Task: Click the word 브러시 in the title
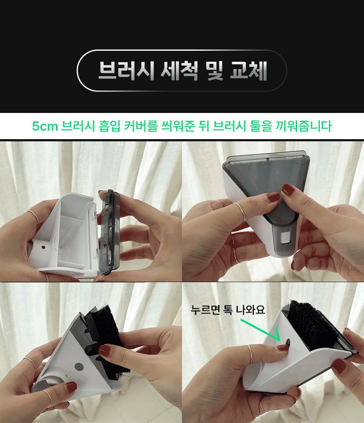pyautogui.click(x=126, y=70)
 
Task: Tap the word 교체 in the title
pyautogui.click(x=248, y=70)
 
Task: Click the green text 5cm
pyautogui.click(x=45, y=126)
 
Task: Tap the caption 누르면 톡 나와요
pyautogui.click(x=228, y=310)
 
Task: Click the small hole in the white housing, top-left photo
pyautogui.click(x=43, y=247)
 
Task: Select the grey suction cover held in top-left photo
pyautogui.click(x=109, y=232)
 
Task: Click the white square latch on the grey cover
pyautogui.click(x=285, y=238)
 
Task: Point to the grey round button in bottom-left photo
pyautogui.click(x=79, y=367)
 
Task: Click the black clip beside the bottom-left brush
pyautogui.click(x=91, y=350)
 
